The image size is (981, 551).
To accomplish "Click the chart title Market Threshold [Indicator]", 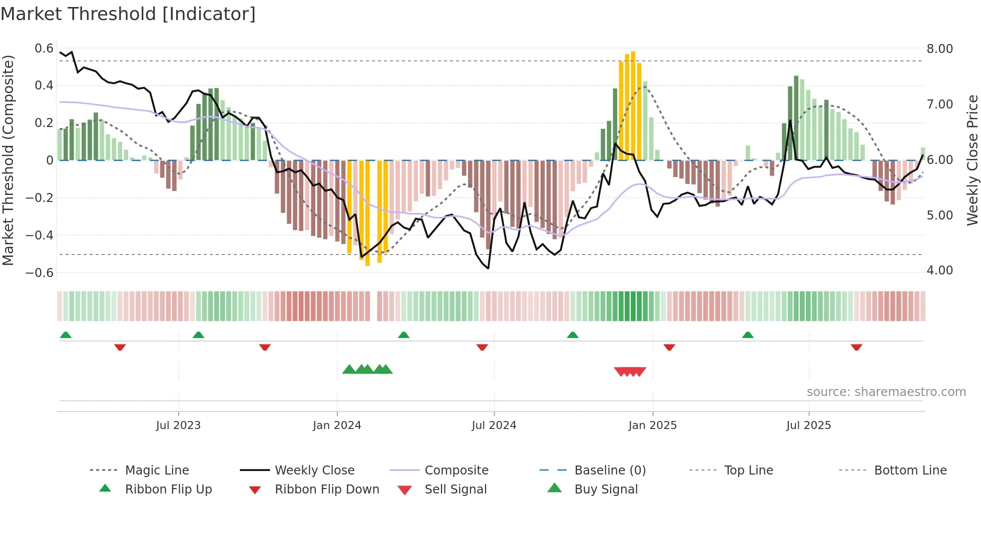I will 128,14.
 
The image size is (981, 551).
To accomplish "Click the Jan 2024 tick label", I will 337,425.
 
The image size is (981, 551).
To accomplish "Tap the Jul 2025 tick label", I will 808,425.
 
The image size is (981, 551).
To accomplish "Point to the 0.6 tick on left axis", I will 44,48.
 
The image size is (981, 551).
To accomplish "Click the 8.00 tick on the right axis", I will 939,49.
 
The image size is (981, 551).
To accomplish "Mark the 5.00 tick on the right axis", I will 939,215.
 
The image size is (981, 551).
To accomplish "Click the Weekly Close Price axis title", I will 972,160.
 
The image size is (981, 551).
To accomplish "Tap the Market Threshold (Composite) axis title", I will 8,160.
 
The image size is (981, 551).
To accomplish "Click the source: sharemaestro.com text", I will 886,392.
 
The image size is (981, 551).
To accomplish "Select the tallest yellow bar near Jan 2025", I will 633,105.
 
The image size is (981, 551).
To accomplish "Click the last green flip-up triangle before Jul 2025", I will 748,335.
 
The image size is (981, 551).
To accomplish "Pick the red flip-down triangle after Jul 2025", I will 856,347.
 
